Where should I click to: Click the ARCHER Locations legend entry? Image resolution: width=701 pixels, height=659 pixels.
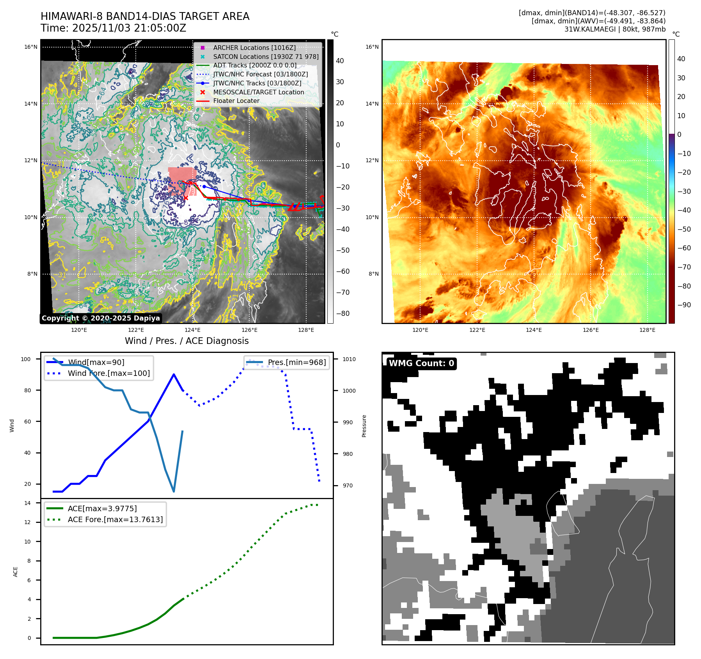pyautogui.click(x=254, y=48)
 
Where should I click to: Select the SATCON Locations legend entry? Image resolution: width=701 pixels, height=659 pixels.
pyautogui.click(x=266, y=57)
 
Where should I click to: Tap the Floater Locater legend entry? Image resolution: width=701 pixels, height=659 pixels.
pyautogui.click(x=236, y=101)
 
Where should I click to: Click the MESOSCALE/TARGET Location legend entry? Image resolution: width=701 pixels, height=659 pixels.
pyautogui.click(x=258, y=92)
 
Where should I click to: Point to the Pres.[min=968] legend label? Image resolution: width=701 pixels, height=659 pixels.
pyautogui.click(x=296, y=362)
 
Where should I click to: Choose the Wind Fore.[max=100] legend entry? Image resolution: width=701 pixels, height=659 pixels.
pyautogui.click(x=108, y=373)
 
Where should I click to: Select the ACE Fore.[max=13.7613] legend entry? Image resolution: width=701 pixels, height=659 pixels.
pyautogui.click(x=115, y=519)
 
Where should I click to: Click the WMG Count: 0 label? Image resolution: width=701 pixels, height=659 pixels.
pyautogui.click(x=421, y=363)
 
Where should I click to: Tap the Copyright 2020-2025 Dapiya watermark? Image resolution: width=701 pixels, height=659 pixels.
pyautogui.click(x=101, y=318)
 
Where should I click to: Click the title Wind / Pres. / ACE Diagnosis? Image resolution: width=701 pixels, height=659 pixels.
pyautogui.click(x=186, y=341)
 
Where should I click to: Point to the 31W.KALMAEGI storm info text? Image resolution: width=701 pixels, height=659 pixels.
pyautogui.click(x=615, y=29)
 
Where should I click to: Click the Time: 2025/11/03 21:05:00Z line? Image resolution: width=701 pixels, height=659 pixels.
pyautogui.click(x=114, y=28)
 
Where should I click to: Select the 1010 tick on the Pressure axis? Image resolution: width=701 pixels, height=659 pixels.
pyautogui.click(x=349, y=359)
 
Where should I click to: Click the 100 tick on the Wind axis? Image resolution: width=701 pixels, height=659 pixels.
pyautogui.click(x=26, y=359)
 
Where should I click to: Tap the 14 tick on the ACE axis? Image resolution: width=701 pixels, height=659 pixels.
pyautogui.click(x=28, y=503)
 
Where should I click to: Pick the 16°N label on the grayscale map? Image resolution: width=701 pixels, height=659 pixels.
pyautogui.click(x=31, y=47)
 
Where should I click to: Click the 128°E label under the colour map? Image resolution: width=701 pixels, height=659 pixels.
pyautogui.click(x=647, y=330)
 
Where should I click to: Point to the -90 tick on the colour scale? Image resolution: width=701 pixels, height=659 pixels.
pyautogui.click(x=684, y=305)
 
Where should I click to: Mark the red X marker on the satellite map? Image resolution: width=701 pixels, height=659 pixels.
pyautogui.click(x=186, y=198)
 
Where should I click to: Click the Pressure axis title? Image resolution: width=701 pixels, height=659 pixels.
pyautogui.click(x=364, y=426)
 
